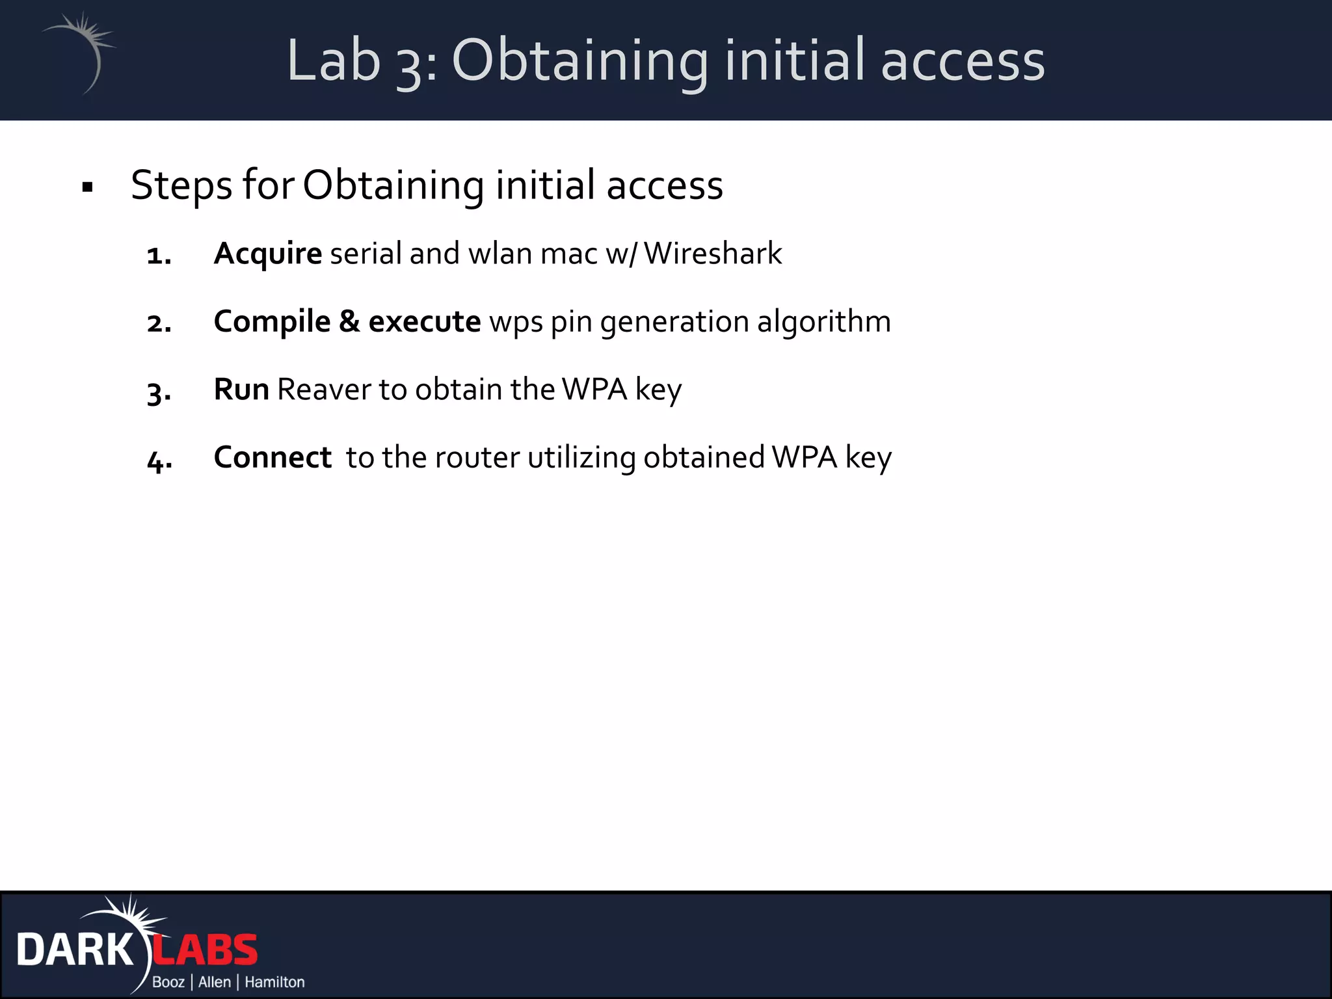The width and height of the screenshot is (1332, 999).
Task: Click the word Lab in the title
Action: pyautogui.click(x=333, y=60)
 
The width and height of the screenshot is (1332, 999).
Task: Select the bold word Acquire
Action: pyautogui.click(x=267, y=254)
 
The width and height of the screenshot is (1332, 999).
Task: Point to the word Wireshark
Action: pyautogui.click(x=713, y=254)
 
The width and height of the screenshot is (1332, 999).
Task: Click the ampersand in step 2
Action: pyautogui.click(x=349, y=321)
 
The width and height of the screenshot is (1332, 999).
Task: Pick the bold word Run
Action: pyautogui.click(x=241, y=390)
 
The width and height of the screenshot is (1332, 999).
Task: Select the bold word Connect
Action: pyautogui.click(x=273, y=457)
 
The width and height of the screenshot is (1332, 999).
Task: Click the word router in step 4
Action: pyautogui.click(x=477, y=457)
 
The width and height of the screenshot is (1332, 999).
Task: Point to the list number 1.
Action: pyautogui.click(x=159, y=256)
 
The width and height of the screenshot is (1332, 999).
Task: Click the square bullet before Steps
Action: pyautogui.click(x=88, y=188)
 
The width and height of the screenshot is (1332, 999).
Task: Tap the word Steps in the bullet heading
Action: pyautogui.click(x=181, y=185)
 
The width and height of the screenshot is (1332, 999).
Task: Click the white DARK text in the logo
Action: pyautogui.click(x=75, y=950)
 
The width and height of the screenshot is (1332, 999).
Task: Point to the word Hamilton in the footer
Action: pyautogui.click(x=274, y=982)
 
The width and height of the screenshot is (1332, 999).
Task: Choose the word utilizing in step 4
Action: pyautogui.click(x=581, y=457)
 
